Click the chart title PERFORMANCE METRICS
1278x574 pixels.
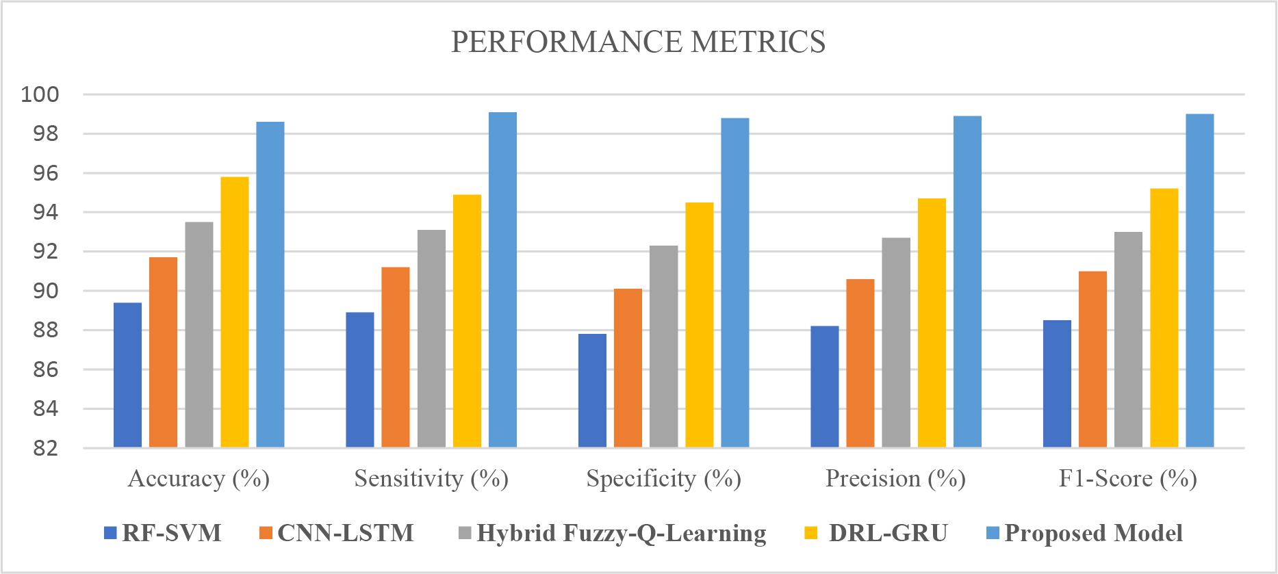point(638,42)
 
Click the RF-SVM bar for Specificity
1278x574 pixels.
point(592,391)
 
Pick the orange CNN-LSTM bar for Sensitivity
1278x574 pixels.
point(396,357)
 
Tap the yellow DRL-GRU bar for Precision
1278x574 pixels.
point(932,323)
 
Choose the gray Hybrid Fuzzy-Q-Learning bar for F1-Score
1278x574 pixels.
point(1128,340)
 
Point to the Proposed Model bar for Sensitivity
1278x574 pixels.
point(502,280)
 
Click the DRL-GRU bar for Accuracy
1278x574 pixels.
point(235,312)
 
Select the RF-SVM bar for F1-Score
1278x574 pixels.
point(1057,384)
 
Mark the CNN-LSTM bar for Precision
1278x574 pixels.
point(860,363)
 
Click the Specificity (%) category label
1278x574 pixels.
point(663,478)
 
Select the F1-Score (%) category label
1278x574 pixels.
point(1127,478)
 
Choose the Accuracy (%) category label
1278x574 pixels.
point(199,478)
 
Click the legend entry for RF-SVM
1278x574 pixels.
point(171,533)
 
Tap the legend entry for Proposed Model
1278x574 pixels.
point(1093,533)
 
